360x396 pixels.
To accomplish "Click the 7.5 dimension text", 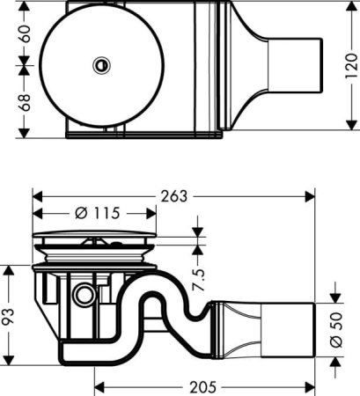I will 200,278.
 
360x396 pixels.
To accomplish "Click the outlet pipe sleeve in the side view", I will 291,329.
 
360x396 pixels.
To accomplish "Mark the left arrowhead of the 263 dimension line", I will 35,195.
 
